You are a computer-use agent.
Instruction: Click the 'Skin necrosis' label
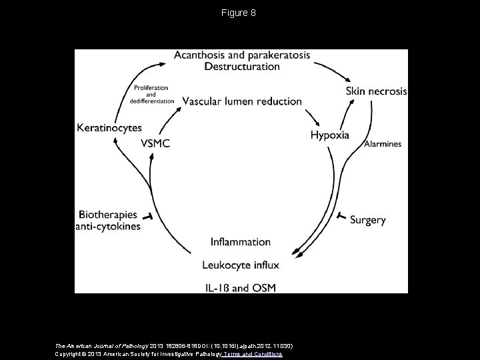click(x=375, y=91)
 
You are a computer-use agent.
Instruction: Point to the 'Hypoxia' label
click(x=329, y=135)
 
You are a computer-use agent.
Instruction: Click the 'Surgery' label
click(x=367, y=219)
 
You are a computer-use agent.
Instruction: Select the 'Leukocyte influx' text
click(x=241, y=265)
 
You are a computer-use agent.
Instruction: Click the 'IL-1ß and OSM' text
click(x=241, y=287)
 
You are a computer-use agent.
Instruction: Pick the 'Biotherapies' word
click(x=108, y=215)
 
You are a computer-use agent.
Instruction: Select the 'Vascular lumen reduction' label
click(x=242, y=101)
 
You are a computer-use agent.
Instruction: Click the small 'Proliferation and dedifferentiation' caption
click(x=151, y=95)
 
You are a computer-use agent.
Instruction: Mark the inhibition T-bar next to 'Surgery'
click(x=340, y=217)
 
